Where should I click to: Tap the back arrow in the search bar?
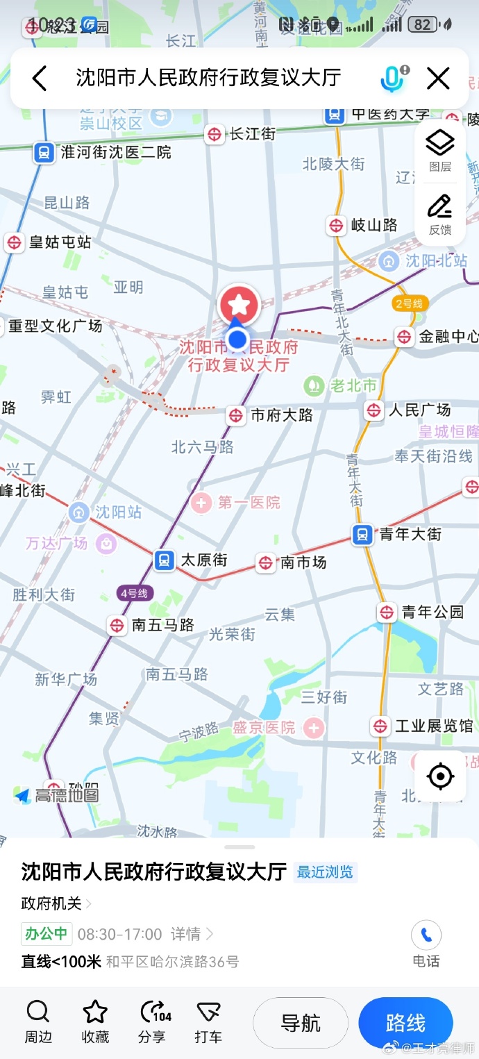(x=40, y=78)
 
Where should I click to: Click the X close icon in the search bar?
(x=438, y=78)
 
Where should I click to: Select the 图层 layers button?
(x=439, y=151)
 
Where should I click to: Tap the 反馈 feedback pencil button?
(x=439, y=214)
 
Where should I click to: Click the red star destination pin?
(x=239, y=304)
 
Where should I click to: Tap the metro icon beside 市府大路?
(x=236, y=415)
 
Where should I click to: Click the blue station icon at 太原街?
(x=165, y=560)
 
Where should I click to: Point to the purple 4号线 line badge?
(x=135, y=593)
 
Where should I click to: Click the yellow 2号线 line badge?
(x=409, y=303)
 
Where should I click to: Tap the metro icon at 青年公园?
(x=387, y=612)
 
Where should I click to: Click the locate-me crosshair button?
(x=440, y=776)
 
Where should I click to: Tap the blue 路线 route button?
(x=405, y=1023)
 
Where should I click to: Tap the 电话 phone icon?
(x=426, y=936)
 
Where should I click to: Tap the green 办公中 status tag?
(x=47, y=933)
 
